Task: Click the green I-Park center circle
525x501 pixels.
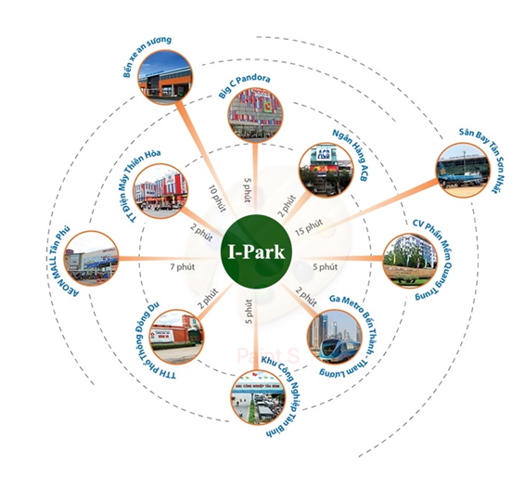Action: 256,251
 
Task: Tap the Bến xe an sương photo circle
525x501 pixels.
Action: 165,77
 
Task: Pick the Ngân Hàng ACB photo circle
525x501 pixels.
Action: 326,170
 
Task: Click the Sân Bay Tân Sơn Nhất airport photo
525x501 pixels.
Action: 464,170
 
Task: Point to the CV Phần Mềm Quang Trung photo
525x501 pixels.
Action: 410,260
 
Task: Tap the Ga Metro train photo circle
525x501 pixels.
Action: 335,337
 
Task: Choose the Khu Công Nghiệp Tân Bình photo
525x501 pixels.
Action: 259,397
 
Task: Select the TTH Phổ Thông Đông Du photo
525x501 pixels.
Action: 177,337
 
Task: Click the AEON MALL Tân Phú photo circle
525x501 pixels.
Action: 92,258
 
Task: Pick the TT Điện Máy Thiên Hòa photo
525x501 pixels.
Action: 160,191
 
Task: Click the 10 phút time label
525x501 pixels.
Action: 217,199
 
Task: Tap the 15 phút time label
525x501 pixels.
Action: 309,227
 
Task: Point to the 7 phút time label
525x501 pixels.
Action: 182,267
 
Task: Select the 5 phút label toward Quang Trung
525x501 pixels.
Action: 326,267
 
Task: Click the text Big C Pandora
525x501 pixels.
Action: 244,86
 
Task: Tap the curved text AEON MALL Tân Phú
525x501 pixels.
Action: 63,262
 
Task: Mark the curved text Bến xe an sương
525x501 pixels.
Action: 147,57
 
